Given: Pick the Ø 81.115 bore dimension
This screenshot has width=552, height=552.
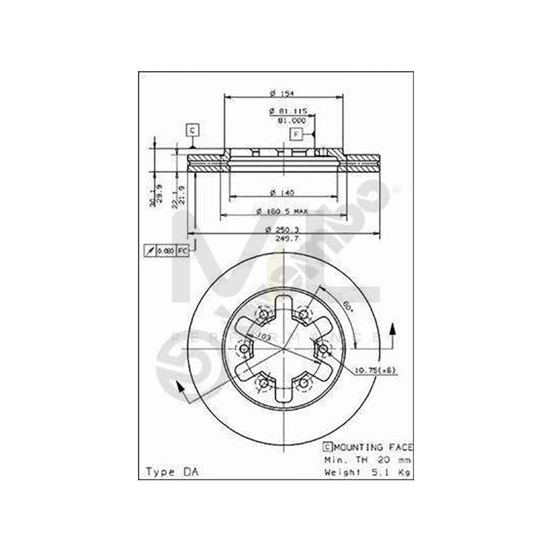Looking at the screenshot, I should pyautogui.click(x=288, y=112).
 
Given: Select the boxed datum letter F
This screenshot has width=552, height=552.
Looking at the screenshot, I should pyautogui.click(x=296, y=134).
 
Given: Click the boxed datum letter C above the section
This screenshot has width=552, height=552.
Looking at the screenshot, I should pyautogui.click(x=193, y=130).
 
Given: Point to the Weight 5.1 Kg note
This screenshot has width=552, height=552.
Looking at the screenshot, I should pyautogui.click(x=368, y=472).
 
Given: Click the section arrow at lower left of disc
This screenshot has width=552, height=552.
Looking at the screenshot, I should pyautogui.click(x=178, y=388).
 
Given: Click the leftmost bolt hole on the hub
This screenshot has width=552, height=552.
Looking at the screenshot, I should pyautogui.click(x=244, y=349).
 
